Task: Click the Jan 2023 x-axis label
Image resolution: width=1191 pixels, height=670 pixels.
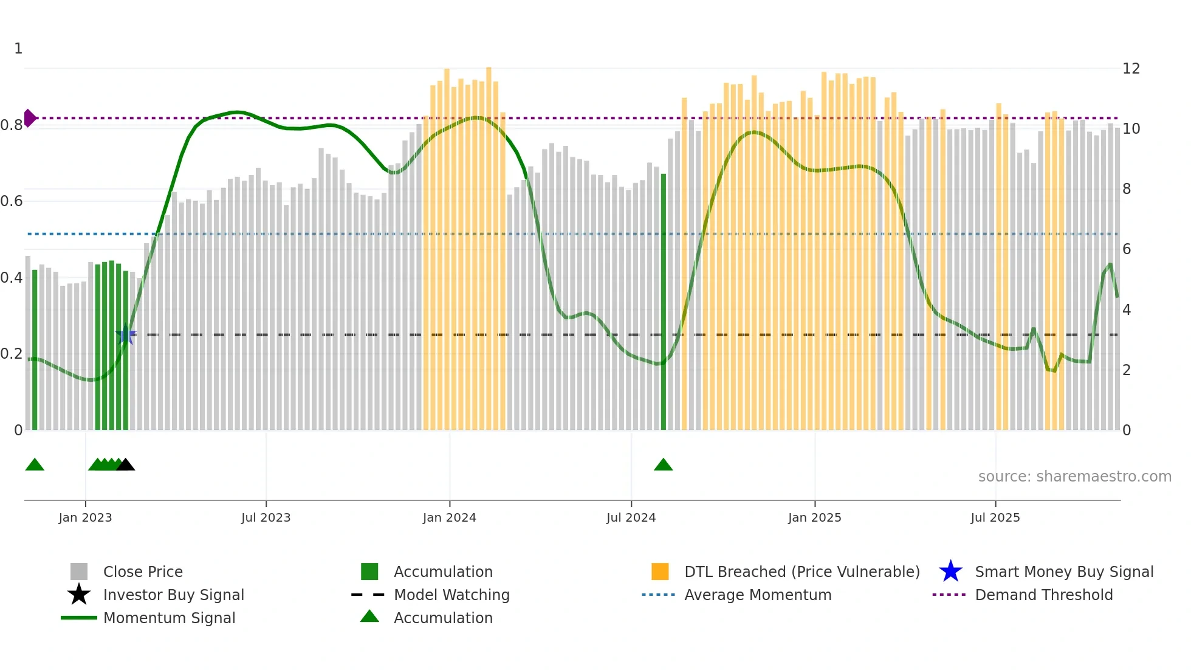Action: (85, 517)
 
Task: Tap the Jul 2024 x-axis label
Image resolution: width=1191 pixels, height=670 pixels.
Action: (631, 517)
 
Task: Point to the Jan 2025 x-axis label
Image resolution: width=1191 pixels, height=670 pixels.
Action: (814, 517)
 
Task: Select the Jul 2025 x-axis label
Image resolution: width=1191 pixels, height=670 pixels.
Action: (995, 517)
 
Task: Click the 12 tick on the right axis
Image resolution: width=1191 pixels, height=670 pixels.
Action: (1131, 69)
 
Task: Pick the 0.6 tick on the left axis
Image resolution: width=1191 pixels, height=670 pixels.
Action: (12, 201)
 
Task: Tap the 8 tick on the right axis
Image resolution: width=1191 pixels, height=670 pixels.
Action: (1127, 189)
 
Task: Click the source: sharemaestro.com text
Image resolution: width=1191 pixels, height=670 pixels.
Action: (1074, 477)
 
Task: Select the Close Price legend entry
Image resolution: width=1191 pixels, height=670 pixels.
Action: (143, 572)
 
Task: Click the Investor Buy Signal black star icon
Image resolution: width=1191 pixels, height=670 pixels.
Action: (79, 595)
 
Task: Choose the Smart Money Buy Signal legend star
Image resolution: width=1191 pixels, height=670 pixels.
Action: (950, 572)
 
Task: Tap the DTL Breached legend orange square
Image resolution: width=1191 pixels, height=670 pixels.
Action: (660, 572)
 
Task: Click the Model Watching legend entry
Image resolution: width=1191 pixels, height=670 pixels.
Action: (451, 595)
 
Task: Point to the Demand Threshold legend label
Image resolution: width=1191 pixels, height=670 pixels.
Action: (1043, 595)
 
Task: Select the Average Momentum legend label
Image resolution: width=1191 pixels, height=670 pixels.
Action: (758, 595)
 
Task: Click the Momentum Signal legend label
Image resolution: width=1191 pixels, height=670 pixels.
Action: (169, 618)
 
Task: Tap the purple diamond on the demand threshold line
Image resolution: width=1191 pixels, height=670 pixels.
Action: (29, 118)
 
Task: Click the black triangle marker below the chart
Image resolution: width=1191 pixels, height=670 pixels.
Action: (126, 465)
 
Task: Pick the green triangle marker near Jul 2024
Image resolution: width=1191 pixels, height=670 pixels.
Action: (663, 465)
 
